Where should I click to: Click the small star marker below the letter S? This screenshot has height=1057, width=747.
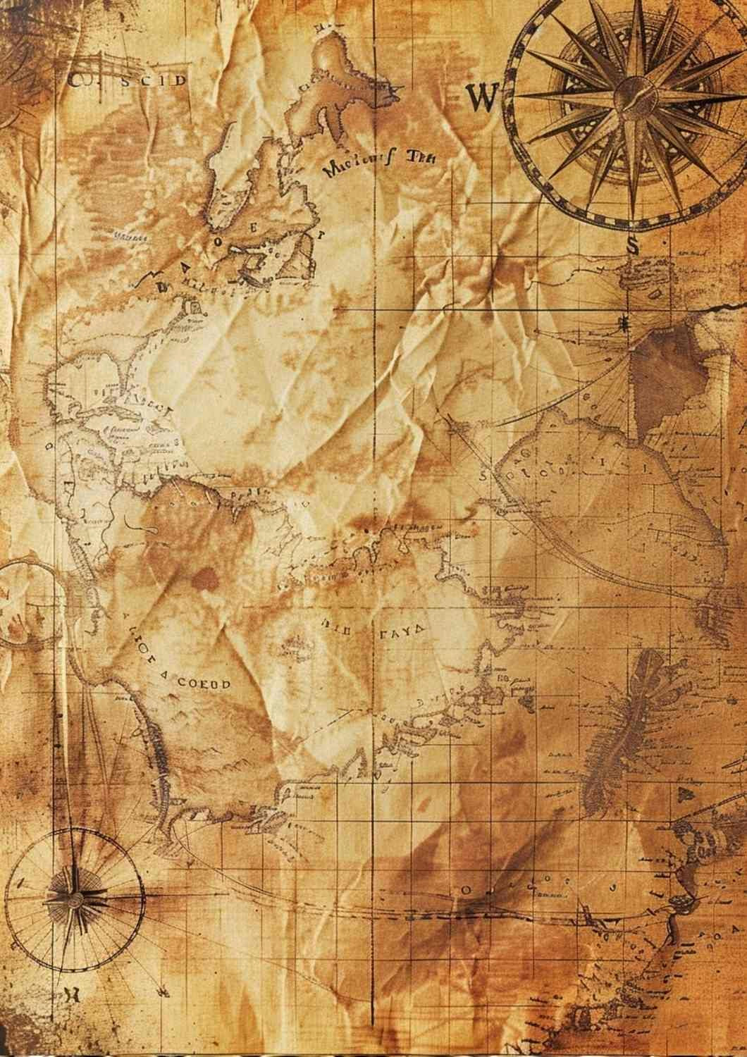(x=624, y=323)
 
